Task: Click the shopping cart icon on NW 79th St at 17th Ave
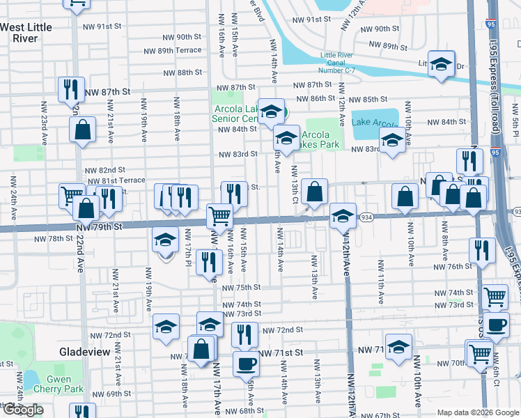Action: click(219, 216)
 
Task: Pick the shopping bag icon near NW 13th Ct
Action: click(315, 192)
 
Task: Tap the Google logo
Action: click(23, 410)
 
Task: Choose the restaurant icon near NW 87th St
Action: click(70, 89)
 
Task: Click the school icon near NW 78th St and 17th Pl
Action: click(166, 241)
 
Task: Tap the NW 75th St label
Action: click(241, 288)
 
